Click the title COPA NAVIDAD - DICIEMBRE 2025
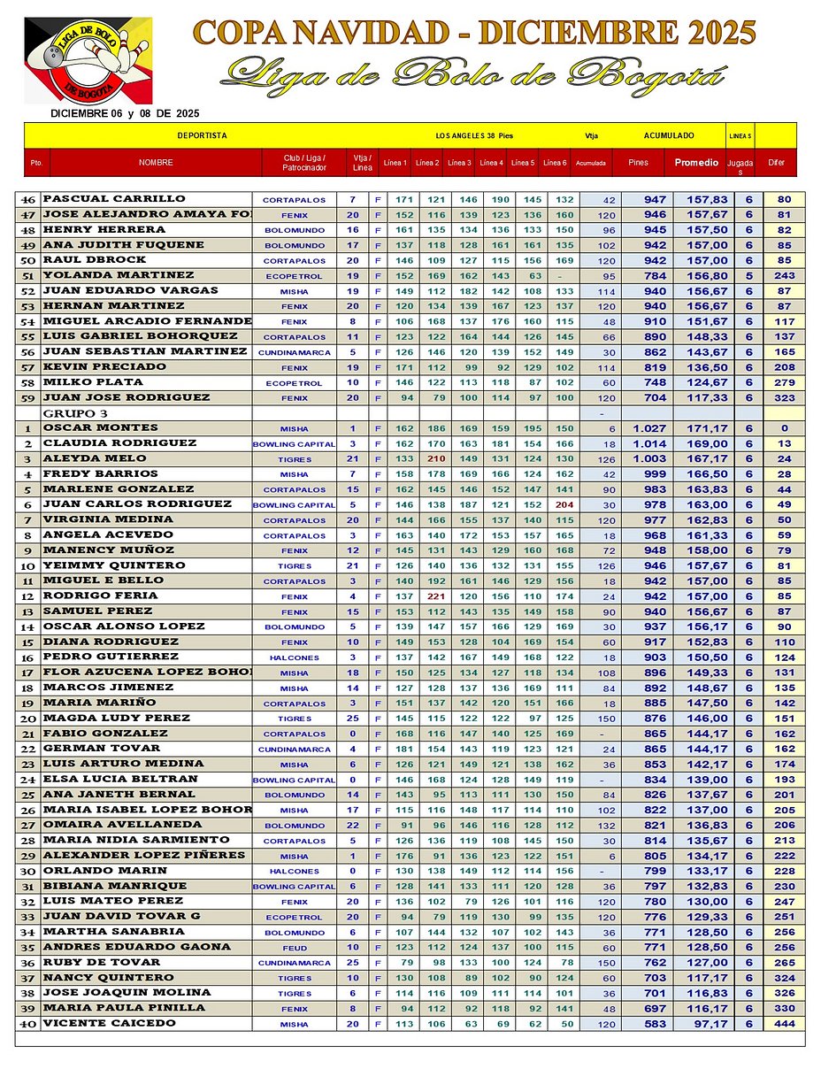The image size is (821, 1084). [x=474, y=33]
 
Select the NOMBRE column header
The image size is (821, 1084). [x=156, y=163]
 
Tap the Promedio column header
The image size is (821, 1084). [x=696, y=163]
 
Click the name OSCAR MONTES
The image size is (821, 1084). [x=100, y=428]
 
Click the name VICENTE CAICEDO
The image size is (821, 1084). [x=109, y=1023]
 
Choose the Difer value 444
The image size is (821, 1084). [x=780, y=1024]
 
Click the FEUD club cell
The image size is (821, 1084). [x=295, y=948]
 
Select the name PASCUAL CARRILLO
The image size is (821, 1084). [x=114, y=199]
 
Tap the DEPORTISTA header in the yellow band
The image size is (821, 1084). [x=203, y=135]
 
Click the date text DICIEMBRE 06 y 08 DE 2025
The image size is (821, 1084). [x=125, y=113]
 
